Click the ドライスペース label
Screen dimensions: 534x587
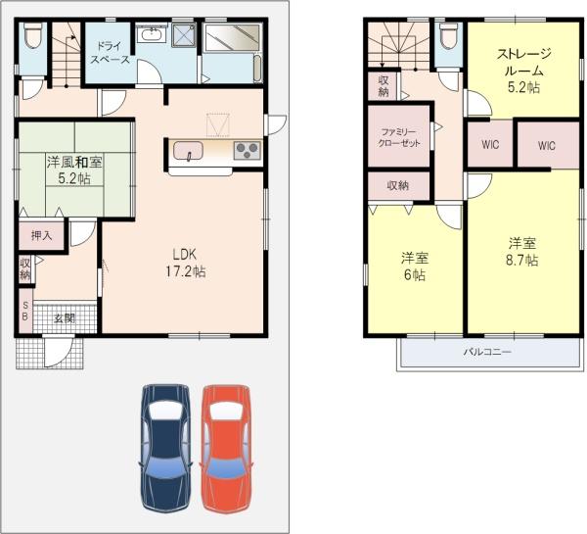pyautogui.click(x=110, y=52)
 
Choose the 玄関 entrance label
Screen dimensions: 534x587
pyautogui.click(x=64, y=318)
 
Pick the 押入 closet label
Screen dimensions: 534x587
pyautogui.click(x=41, y=235)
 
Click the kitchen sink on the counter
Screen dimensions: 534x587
pyautogui.click(x=187, y=150)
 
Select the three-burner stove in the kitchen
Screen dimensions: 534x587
pyautogui.click(x=245, y=150)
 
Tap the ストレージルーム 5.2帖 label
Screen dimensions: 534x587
pyautogui.click(x=524, y=71)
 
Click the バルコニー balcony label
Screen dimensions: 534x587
pyautogui.click(x=486, y=352)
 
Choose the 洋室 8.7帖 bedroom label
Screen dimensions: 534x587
pyautogui.click(x=520, y=251)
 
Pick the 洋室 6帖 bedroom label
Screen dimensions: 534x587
pyautogui.click(x=414, y=266)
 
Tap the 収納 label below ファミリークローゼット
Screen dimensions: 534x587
pyautogui.click(x=396, y=184)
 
